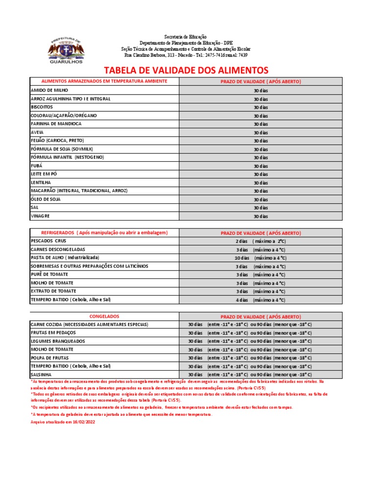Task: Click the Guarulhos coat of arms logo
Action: pos(66,50)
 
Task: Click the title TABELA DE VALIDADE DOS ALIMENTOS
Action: pos(186,70)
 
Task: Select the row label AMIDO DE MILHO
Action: pos(49,90)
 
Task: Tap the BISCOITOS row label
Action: pos(42,107)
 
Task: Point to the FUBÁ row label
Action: pos(37,166)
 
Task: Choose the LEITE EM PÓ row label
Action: pos(45,174)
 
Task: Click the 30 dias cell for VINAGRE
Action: pos(260,216)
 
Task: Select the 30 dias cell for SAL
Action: pos(260,208)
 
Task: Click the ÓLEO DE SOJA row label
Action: pos(47,199)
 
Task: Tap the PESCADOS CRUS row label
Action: pos(48,241)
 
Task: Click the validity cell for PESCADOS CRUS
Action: pos(260,241)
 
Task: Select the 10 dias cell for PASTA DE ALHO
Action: pos(260,258)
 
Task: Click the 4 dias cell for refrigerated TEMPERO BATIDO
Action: pos(260,300)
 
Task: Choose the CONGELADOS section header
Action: pos(104,316)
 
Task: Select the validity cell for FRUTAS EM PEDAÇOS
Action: pos(250,333)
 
